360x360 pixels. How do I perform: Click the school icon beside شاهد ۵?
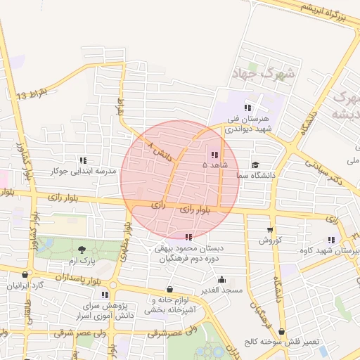pyautogui.click(x=214, y=155)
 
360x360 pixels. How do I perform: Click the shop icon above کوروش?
pyautogui.click(x=270, y=230)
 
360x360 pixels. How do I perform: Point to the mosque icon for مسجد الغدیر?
pyautogui.click(x=222, y=280)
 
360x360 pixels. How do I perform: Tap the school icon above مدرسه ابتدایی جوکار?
pyautogui.click(x=83, y=160)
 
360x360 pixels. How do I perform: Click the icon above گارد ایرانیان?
pyautogui.click(x=26, y=275)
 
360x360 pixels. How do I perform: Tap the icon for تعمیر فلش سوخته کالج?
pyautogui.click(x=282, y=331)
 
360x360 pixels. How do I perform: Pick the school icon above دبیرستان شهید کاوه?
pyautogui.click(x=331, y=240)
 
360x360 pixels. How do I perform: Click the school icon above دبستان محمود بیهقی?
pyautogui.click(x=188, y=237)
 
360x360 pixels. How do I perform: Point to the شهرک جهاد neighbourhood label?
pyautogui.click(x=259, y=72)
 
